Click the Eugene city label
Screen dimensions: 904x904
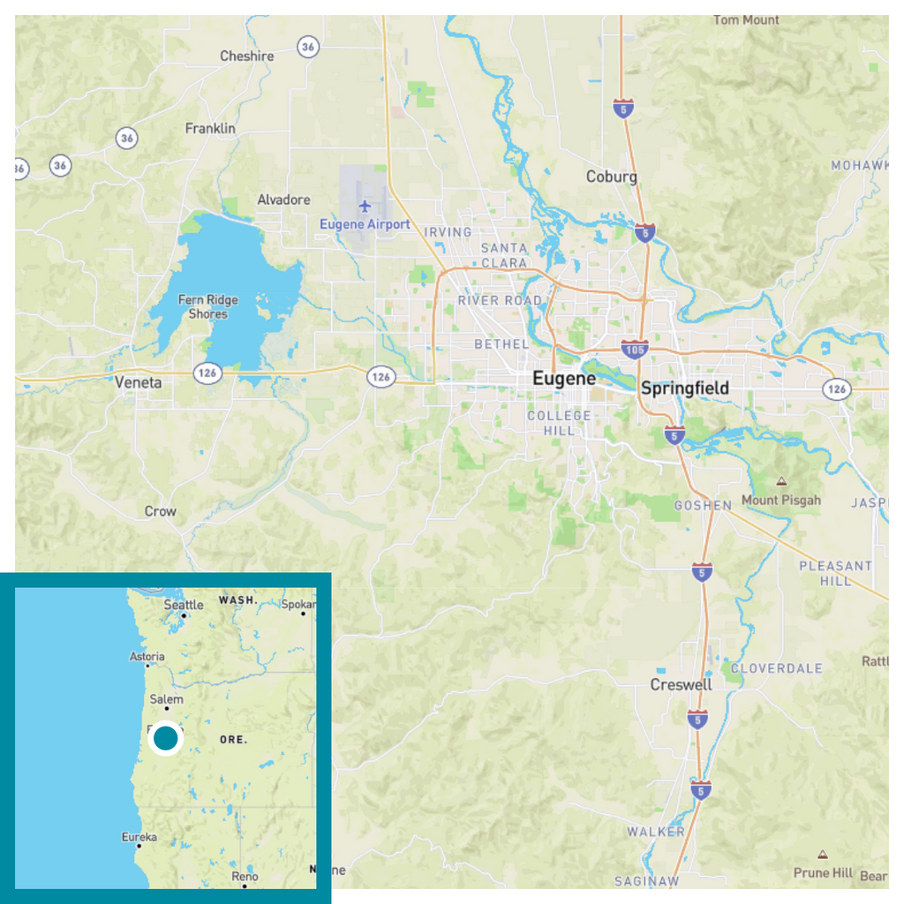click(564, 380)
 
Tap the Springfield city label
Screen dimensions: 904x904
click(685, 388)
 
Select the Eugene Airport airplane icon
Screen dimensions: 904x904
click(365, 207)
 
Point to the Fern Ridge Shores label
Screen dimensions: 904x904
click(208, 307)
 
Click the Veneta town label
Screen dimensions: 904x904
click(139, 382)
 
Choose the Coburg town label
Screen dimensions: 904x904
click(612, 177)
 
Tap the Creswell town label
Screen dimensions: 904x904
click(681, 685)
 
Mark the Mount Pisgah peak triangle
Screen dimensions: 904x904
click(780, 482)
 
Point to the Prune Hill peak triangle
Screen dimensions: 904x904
click(823, 855)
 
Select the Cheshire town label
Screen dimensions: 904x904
click(247, 56)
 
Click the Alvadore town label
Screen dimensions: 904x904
click(284, 200)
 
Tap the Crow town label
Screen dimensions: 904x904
click(161, 511)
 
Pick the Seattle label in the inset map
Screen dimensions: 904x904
click(185, 605)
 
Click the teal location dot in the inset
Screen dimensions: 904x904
click(165, 738)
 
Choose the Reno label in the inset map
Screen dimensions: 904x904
click(245, 876)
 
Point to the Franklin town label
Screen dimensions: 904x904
click(210, 128)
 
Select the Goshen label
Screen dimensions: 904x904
click(703, 506)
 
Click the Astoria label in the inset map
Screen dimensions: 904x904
click(147, 656)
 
